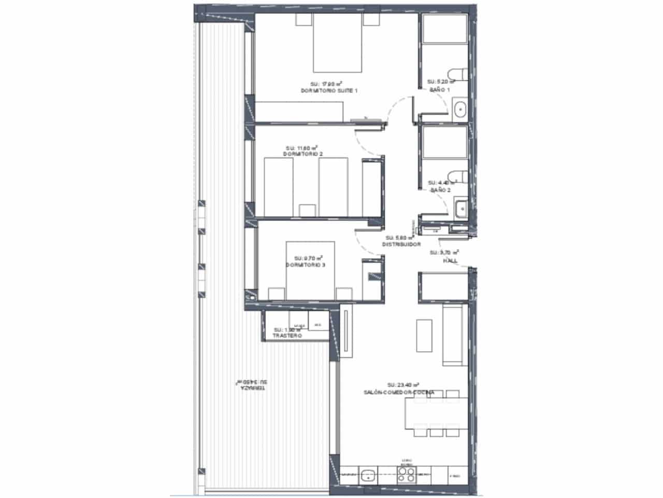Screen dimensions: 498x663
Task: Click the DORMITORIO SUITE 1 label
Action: (x=329, y=91)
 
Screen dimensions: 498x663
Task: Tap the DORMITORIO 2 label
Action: (x=303, y=155)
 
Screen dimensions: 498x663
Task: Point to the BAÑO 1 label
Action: (x=440, y=90)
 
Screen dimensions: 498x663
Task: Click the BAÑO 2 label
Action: (x=440, y=190)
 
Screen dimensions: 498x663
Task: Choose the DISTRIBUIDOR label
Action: (x=401, y=244)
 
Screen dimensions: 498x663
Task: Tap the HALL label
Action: (x=450, y=260)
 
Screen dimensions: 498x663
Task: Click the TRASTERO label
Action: (x=287, y=336)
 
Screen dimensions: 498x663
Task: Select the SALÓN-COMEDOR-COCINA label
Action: (x=399, y=393)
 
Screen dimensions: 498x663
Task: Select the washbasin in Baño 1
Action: (x=460, y=110)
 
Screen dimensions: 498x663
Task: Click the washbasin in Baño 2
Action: (x=460, y=210)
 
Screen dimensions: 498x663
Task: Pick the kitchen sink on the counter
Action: (x=368, y=474)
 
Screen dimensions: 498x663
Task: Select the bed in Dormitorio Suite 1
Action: (x=337, y=44)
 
